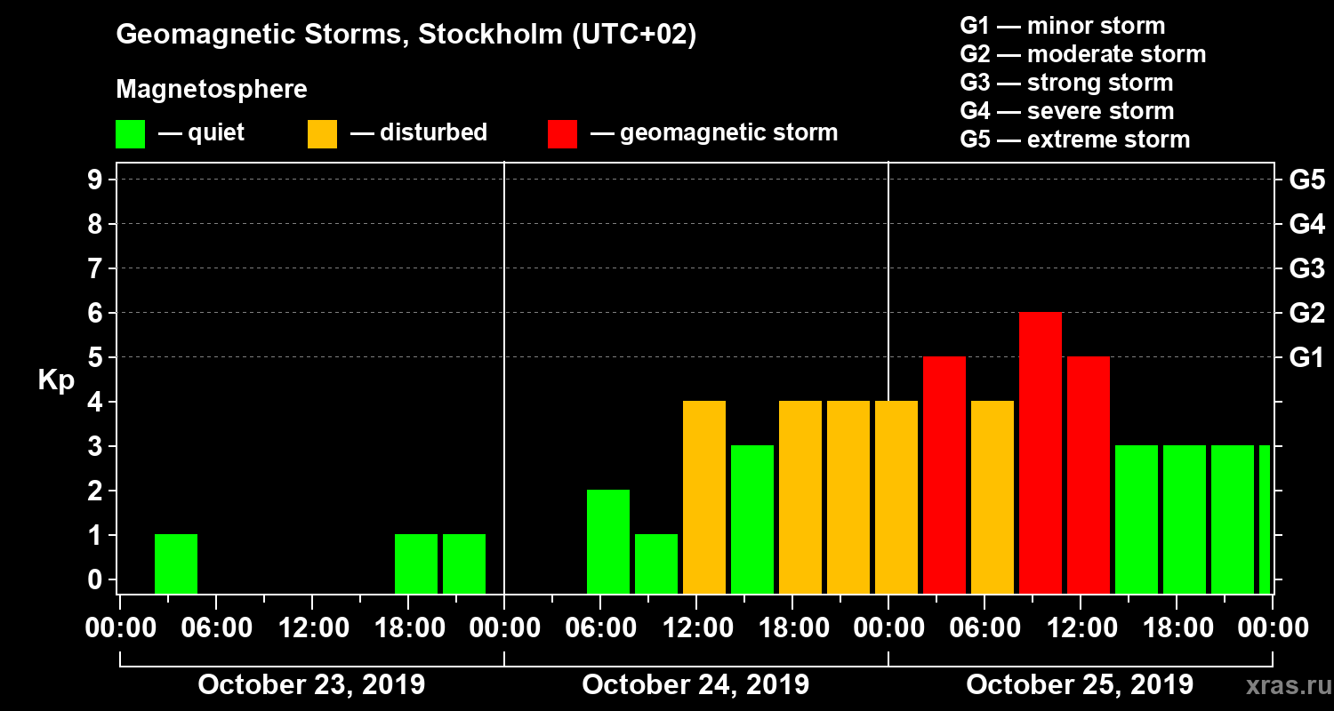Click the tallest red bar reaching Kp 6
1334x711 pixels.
click(1040, 452)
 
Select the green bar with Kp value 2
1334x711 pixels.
click(608, 541)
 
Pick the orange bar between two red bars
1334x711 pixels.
click(992, 497)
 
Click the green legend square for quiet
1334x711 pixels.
click(130, 133)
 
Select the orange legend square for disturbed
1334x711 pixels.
click(322, 133)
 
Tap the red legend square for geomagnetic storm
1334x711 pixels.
click(562, 133)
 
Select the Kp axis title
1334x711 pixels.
click(56, 380)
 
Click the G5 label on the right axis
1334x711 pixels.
click(1306, 180)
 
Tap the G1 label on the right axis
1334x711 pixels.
click(1306, 357)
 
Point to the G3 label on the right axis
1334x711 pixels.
click(1306, 268)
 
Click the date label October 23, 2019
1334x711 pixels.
click(311, 685)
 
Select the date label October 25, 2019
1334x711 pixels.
click(1080, 685)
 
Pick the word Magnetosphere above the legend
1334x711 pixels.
click(212, 90)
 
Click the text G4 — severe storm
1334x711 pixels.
click(1066, 111)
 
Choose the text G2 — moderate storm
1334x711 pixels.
click(1082, 54)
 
